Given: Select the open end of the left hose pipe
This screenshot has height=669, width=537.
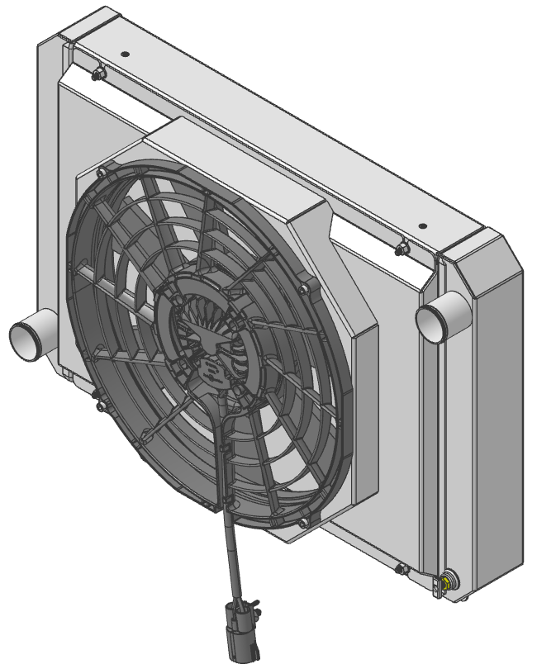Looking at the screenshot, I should (22, 339).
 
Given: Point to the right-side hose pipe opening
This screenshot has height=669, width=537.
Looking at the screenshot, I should (432, 319).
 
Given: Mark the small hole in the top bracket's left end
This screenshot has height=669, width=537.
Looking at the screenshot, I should (125, 54).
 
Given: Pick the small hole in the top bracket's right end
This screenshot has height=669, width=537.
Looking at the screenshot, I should (422, 225).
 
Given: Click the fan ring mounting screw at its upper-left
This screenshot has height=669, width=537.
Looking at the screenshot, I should (100, 173).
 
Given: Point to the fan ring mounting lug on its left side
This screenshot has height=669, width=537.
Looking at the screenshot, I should (100, 406).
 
